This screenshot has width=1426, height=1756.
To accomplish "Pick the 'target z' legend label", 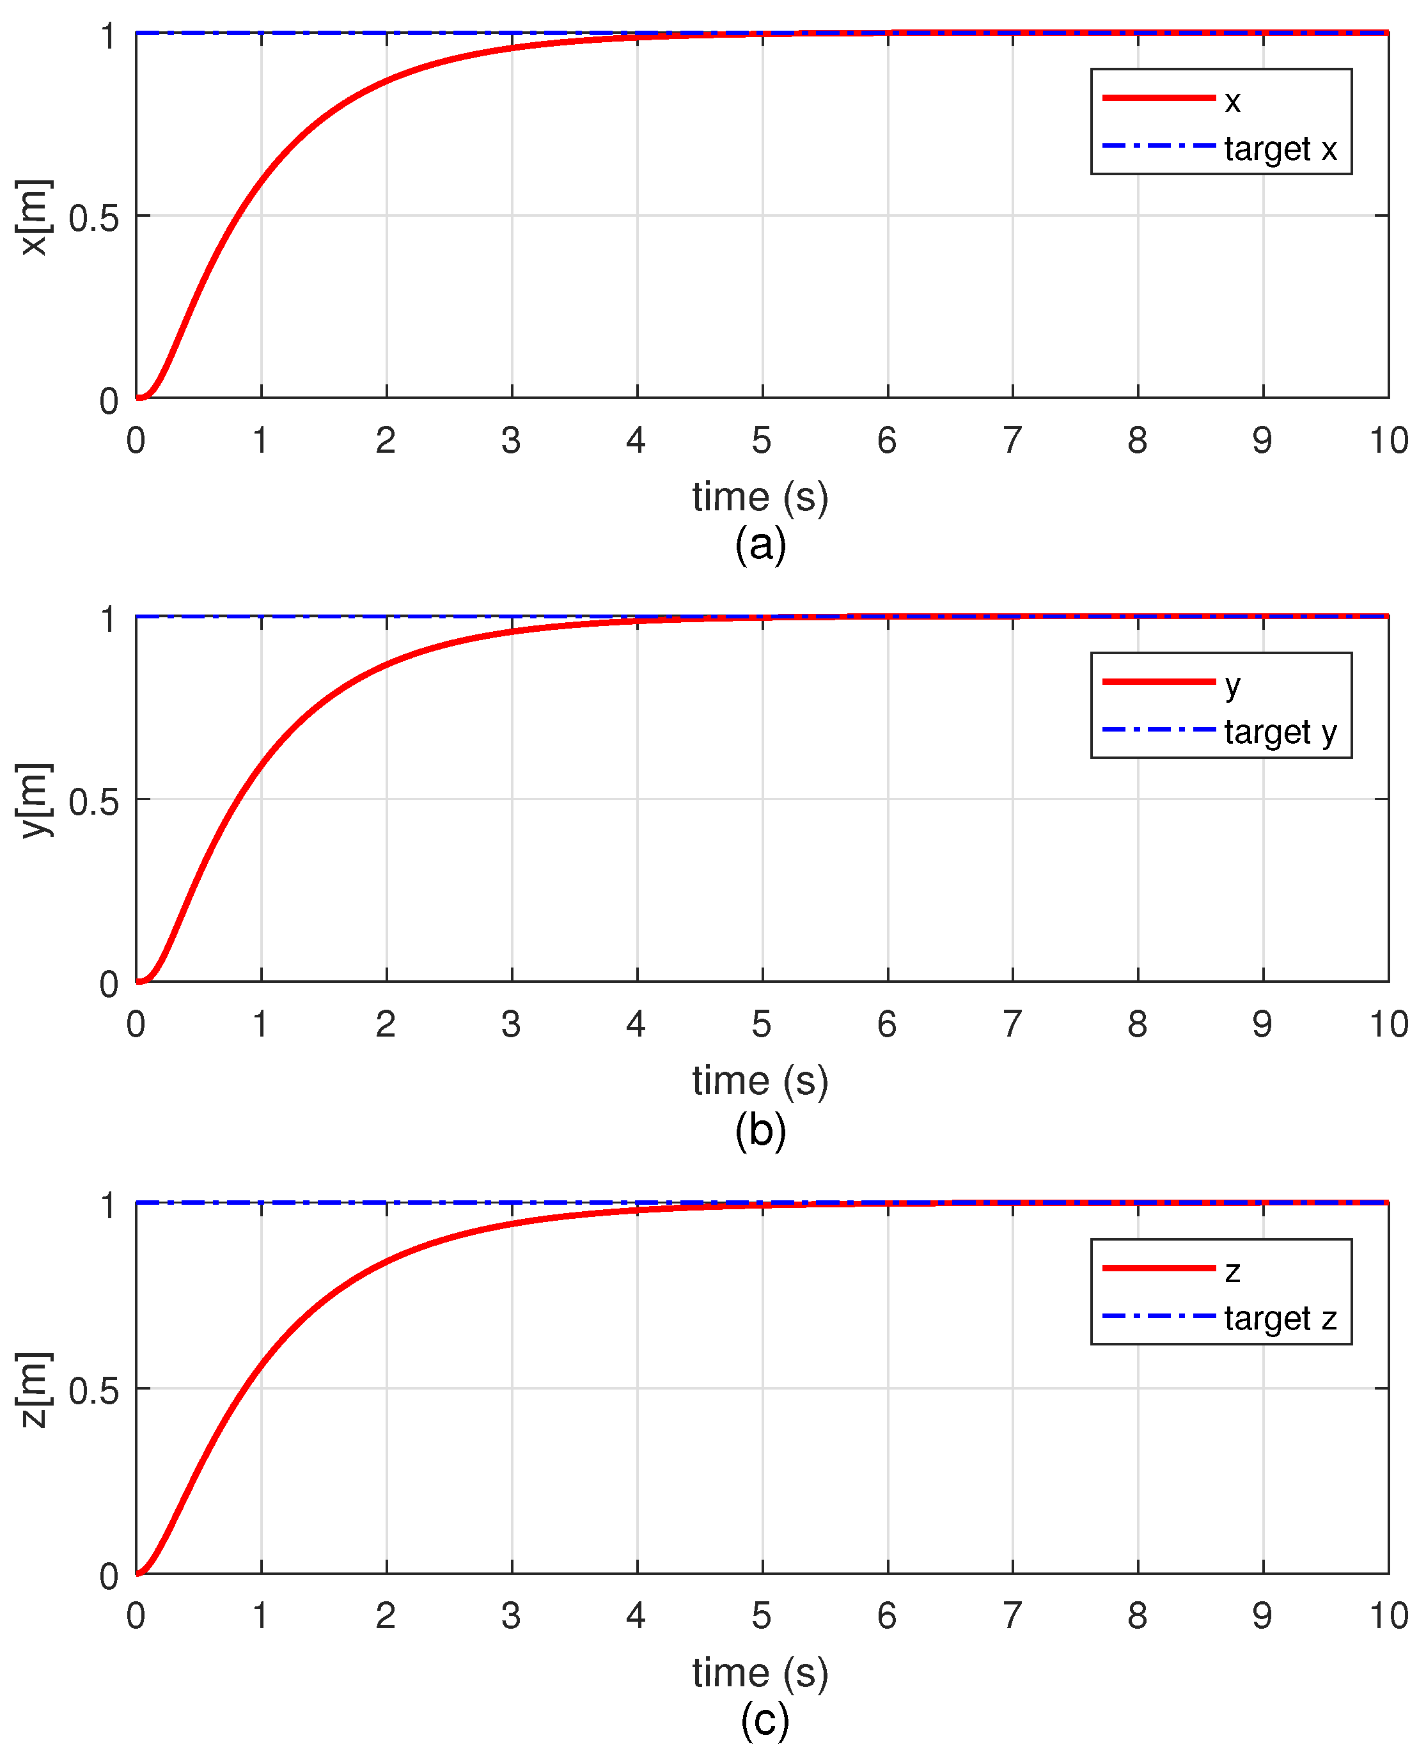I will (x=1280, y=1318).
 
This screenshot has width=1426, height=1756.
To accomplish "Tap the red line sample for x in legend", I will (x=1158, y=98).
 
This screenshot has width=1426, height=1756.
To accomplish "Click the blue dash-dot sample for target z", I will (x=1158, y=1317).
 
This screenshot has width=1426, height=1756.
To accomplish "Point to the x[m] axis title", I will (x=35, y=217).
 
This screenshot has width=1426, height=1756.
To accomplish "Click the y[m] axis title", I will (x=35, y=800).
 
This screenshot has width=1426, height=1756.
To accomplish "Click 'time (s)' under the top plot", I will (x=760, y=497).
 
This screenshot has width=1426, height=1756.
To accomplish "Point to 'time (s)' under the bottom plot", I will (x=760, y=1672).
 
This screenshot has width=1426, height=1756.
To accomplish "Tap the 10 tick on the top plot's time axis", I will (x=1388, y=441).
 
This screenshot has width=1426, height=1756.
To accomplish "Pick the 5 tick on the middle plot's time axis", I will (x=762, y=1024).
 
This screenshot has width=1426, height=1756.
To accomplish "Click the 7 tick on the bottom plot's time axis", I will (x=1012, y=1615).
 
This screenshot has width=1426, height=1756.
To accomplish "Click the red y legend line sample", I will (x=1158, y=682).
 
